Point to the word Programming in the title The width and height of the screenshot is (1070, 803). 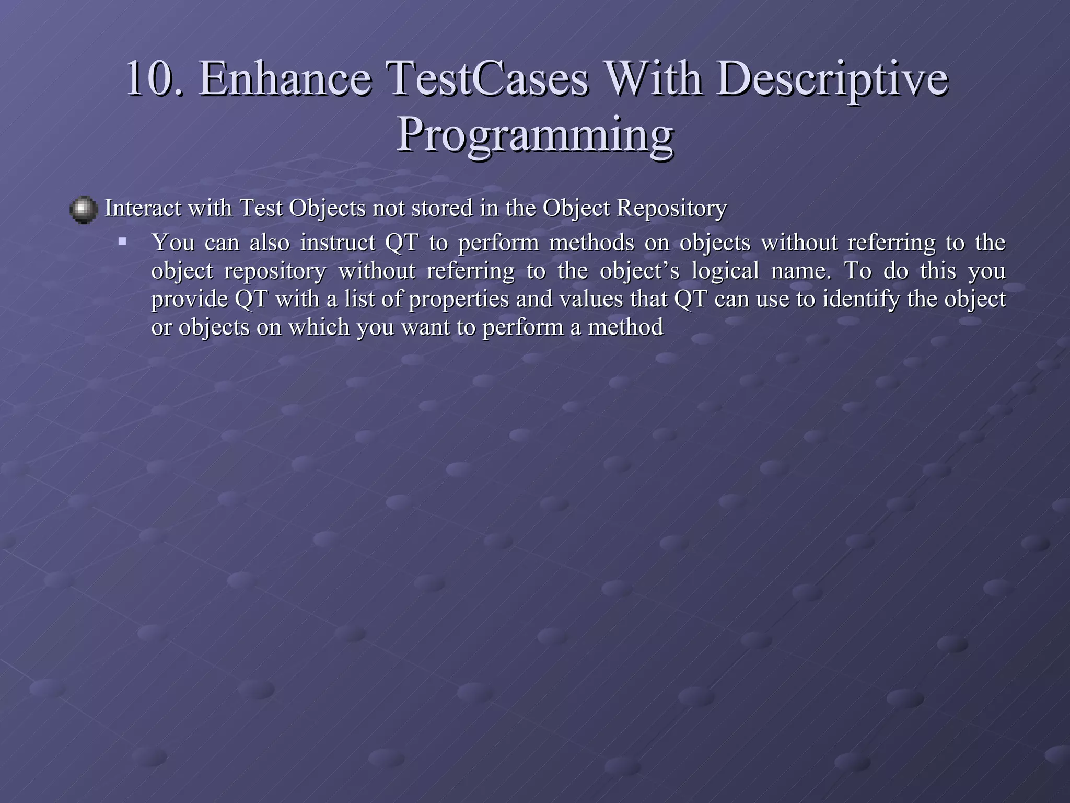tap(535, 134)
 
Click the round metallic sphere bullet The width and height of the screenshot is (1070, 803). tap(84, 210)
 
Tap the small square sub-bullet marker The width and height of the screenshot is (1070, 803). tap(122, 242)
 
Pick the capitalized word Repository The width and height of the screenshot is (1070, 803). tap(672, 208)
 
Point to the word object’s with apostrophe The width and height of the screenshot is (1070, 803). tap(639, 271)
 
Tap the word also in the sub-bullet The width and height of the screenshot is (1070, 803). tap(269, 243)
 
